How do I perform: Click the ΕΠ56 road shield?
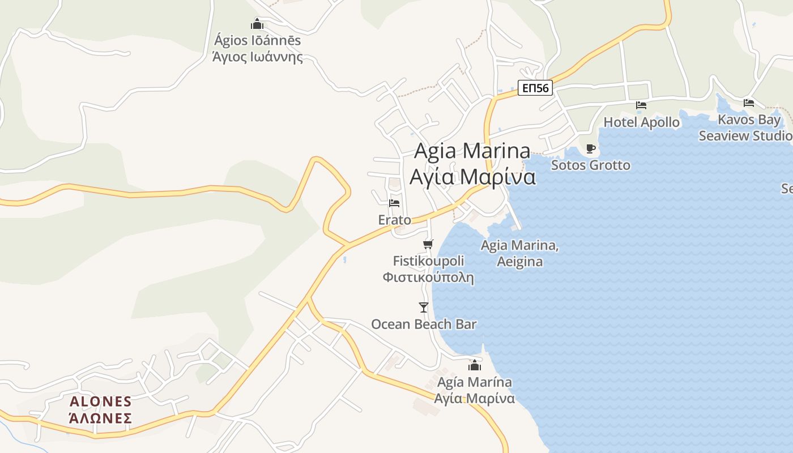[535, 88]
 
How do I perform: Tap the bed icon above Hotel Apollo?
[641, 105]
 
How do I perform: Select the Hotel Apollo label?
[641, 122]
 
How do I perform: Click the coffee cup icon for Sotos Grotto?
[591, 149]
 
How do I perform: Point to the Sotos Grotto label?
[590, 165]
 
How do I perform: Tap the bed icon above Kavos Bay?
[749, 103]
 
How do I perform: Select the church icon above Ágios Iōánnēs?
[257, 24]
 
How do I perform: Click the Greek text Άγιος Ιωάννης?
[257, 57]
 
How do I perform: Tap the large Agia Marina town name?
[472, 151]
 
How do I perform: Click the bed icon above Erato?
[394, 203]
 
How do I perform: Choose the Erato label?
[394, 220]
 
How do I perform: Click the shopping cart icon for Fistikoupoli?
[428, 244]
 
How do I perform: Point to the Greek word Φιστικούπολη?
[428, 277]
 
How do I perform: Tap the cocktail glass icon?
[423, 307]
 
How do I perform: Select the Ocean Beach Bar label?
[424, 324]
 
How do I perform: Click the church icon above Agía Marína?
[474, 365]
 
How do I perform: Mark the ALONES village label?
[100, 401]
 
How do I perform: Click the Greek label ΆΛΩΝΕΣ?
[100, 418]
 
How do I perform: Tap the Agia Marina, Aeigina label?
[519, 253]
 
